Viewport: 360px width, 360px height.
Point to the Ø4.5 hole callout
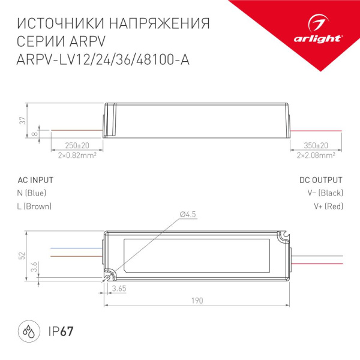tap(188, 214)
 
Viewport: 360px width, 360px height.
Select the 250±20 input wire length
tap(77, 146)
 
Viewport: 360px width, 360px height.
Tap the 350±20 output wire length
tap(316, 146)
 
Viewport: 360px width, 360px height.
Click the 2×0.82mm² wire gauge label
tap(77, 155)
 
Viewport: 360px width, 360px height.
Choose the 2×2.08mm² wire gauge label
tap(316, 155)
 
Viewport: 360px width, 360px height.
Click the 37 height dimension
tap(22, 119)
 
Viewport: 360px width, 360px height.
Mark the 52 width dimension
tap(22, 255)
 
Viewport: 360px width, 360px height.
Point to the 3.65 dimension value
tap(118, 289)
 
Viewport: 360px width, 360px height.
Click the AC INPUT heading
tap(35, 180)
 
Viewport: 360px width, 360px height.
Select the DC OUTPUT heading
tap(321, 180)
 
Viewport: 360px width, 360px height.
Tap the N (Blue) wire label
tap(32, 193)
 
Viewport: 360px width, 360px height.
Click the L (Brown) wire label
tap(35, 206)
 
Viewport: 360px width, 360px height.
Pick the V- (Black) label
tap(325, 193)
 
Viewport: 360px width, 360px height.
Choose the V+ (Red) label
tap(328, 206)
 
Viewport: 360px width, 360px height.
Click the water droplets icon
tap(28, 331)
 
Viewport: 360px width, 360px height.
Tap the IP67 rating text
tap(61, 331)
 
